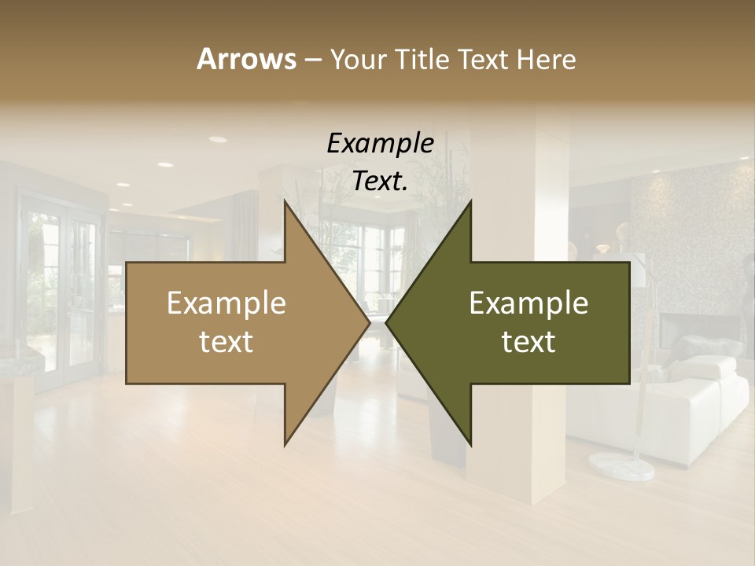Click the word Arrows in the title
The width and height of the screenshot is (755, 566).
(x=246, y=59)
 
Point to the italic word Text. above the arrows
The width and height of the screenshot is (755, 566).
(x=380, y=182)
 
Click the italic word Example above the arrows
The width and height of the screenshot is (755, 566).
(x=380, y=144)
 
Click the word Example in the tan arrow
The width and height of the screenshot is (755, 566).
(x=226, y=303)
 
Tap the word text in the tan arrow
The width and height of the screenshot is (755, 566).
(x=226, y=342)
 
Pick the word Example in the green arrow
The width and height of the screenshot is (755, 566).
(x=528, y=303)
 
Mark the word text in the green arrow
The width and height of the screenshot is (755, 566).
(x=528, y=342)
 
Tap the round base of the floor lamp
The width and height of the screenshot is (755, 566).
(x=622, y=466)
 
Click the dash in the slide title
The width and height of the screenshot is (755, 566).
(x=312, y=60)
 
